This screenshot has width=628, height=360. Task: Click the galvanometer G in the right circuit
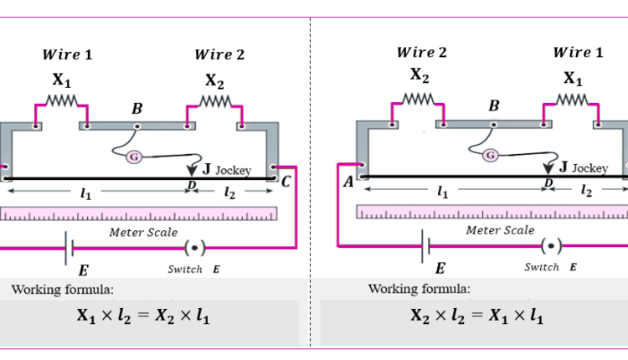(491, 155)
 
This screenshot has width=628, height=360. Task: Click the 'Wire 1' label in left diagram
(67, 55)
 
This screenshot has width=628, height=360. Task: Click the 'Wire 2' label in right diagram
(421, 53)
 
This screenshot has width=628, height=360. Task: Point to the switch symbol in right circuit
(551, 245)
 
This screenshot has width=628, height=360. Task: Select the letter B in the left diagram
(137, 108)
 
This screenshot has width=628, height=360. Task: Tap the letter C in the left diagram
(286, 181)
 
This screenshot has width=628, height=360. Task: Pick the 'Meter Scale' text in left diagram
(143, 232)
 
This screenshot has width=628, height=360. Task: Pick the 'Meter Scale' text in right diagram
(500, 229)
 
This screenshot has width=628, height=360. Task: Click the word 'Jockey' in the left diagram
(233, 170)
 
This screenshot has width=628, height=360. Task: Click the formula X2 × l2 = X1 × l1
(476, 316)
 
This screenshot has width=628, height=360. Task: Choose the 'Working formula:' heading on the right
(419, 289)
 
